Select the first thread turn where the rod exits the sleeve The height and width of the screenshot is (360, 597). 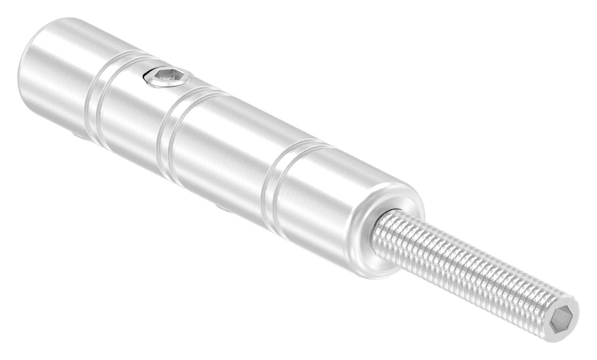point(386,225)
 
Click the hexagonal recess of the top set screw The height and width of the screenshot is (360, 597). point(166,80)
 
